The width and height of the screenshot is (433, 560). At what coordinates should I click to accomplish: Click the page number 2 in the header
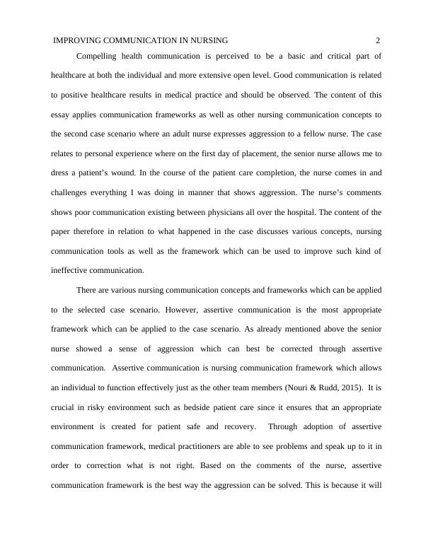pos(379,41)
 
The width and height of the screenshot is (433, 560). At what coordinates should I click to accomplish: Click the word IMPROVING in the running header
pos(77,41)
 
